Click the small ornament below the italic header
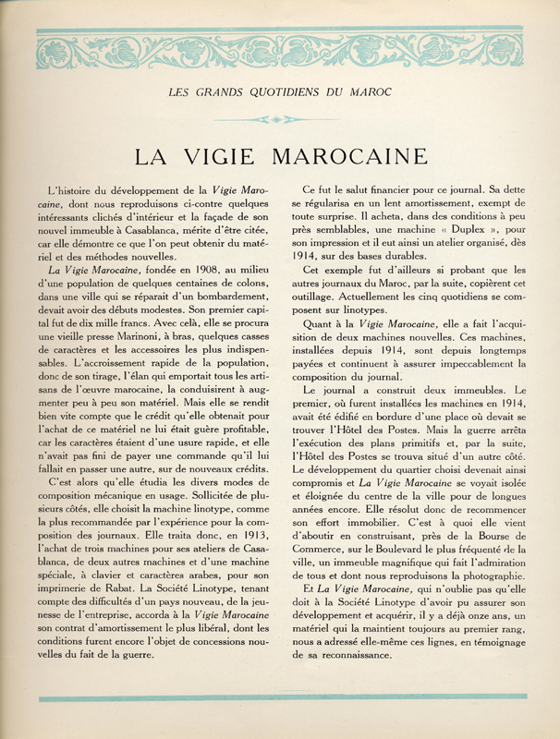tap(279, 119)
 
